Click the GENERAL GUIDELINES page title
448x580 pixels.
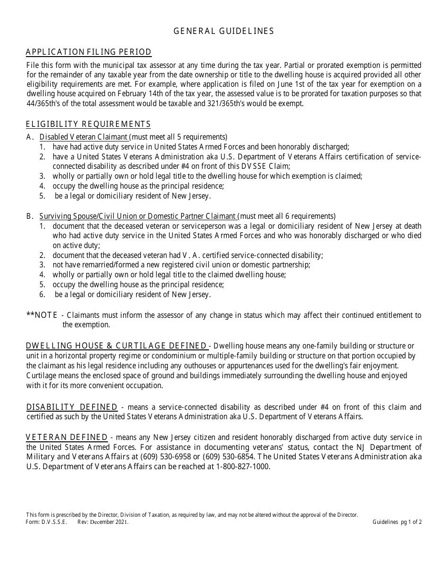tap(224, 31)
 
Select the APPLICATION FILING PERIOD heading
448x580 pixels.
tap(89, 52)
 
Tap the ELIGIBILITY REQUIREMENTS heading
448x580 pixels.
tap(88, 124)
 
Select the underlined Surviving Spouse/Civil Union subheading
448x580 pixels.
tap(138, 216)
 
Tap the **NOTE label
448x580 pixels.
tap(42, 315)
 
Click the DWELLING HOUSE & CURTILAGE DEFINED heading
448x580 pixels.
tap(116, 346)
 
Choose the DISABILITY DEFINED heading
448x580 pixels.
tap(72, 407)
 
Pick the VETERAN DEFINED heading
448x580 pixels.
tap(66, 438)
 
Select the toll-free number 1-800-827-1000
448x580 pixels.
tap(243, 466)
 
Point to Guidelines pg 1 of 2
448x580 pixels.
tap(397, 522)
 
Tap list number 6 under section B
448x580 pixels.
tap(42, 295)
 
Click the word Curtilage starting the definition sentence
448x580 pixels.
tap(41, 375)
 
